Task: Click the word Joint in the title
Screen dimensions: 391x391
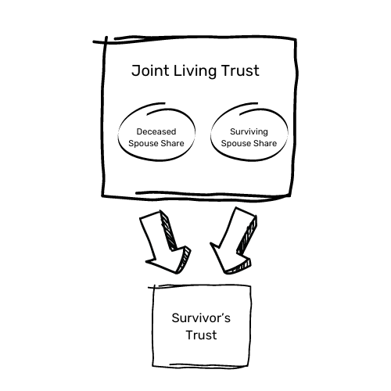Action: [x=148, y=72]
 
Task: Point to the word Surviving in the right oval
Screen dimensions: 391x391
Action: [x=249, y=131]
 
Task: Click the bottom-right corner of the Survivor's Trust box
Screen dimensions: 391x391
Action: [x=252, y=368]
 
